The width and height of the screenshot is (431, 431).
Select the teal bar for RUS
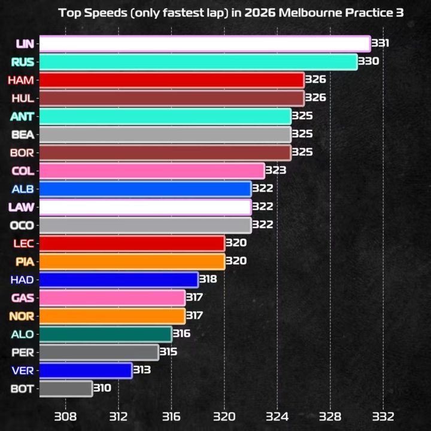point(198,62)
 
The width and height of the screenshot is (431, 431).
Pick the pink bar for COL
point(152,171)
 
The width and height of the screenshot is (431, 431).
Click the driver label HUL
point(23,98)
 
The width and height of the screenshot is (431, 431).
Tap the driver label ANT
point(23,116)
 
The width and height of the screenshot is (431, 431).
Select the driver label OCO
point(23,225)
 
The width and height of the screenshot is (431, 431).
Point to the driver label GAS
point(23,298)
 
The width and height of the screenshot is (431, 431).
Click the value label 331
point(380,44)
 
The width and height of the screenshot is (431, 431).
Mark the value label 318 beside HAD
point(208,280)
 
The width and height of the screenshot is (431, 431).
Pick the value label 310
point(102,388)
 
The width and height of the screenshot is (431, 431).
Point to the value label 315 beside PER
point(168,352)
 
